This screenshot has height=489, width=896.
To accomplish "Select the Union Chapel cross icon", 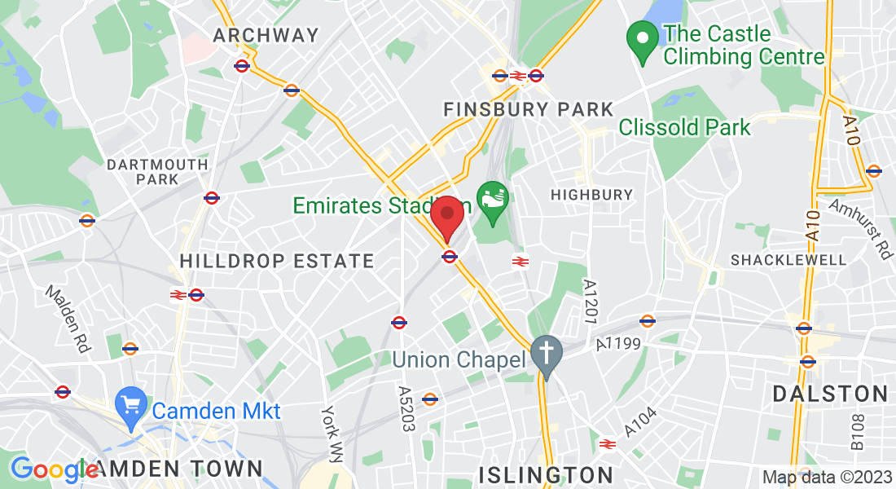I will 547,354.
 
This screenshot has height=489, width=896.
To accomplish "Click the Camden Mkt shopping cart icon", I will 130,405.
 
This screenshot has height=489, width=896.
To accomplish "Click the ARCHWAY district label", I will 266,35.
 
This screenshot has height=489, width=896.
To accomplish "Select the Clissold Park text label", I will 684,128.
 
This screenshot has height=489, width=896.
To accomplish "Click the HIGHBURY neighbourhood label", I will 591,194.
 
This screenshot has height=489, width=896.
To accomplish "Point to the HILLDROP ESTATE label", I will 277,262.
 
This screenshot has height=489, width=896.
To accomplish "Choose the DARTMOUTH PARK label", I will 157,171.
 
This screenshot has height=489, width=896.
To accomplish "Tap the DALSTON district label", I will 830,394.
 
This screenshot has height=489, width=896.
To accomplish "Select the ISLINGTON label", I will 546,474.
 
